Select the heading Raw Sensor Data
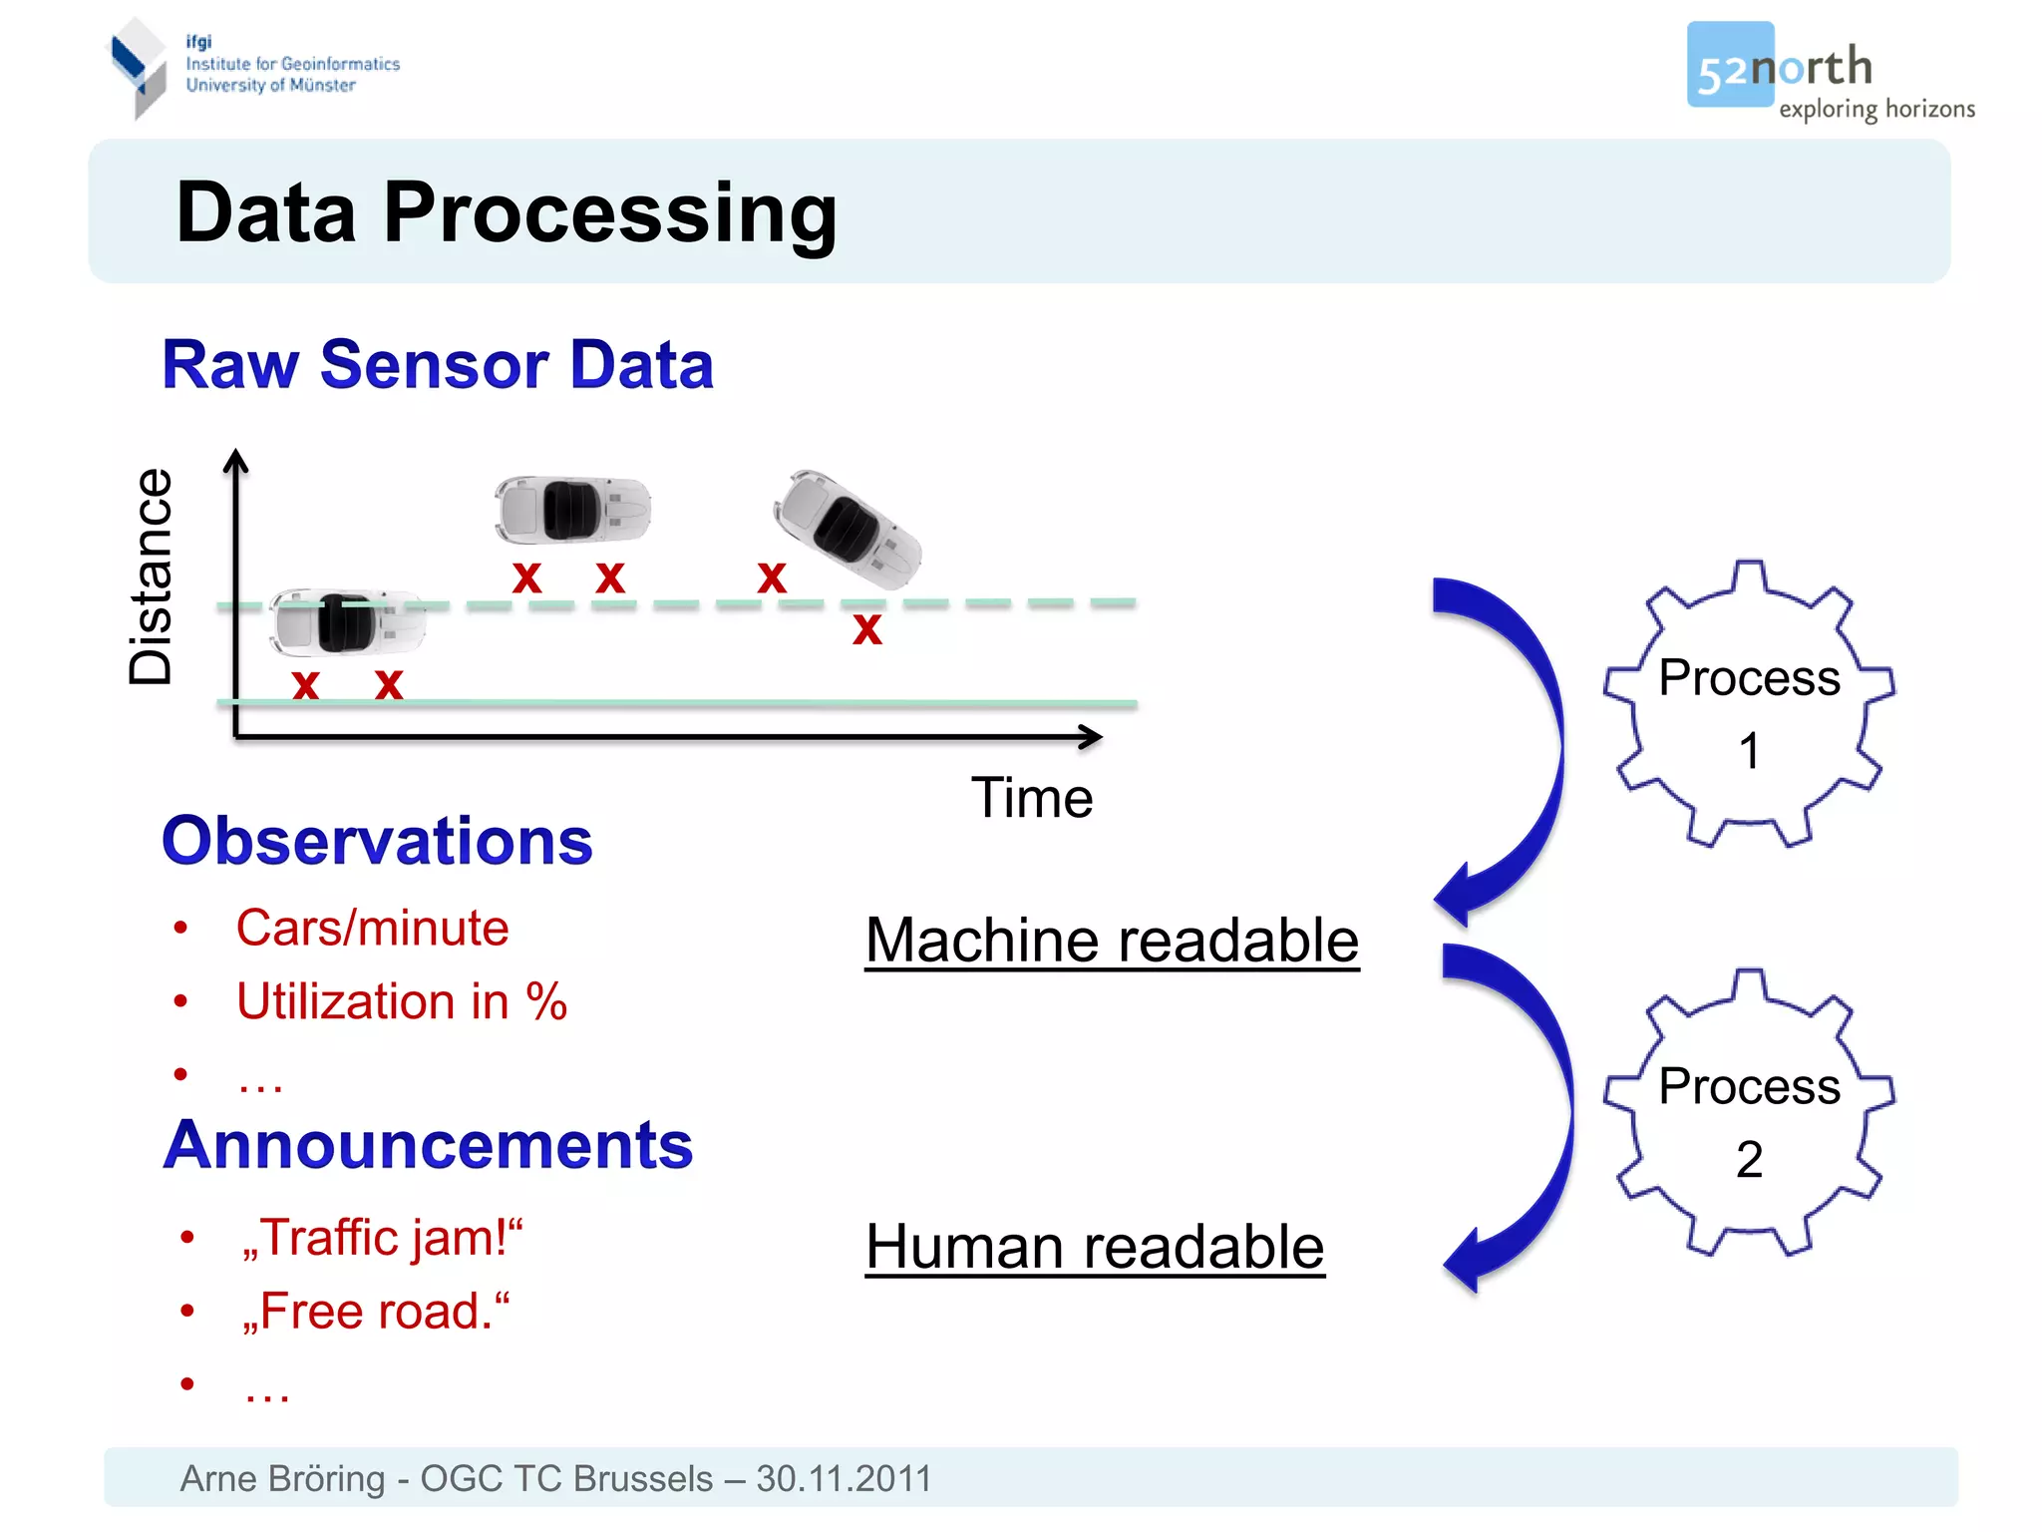click(438, 365)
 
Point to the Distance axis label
click(152, 576)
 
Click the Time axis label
click(1032, 798)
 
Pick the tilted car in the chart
click(848, 529)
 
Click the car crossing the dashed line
click(346, 620)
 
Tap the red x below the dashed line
click(866, 629)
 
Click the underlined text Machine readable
click(1112, 941)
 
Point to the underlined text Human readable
click(1095, 1247)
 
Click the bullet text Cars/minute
click(372, 929)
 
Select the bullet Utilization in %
click(401, 1001)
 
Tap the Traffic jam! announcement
click(382, 1238)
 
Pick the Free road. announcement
click(376, 1312)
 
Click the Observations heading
click(377, 841)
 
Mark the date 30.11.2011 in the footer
click(844, 1478)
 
